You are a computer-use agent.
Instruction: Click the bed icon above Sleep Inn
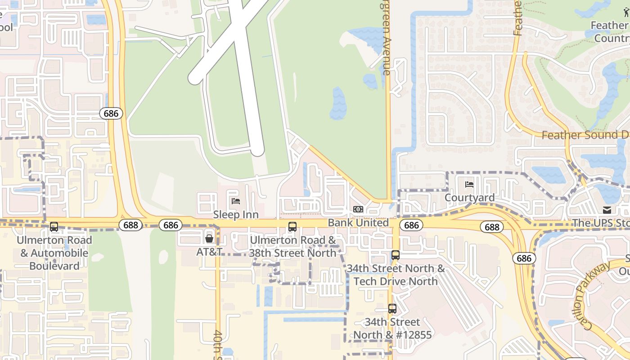coord(235,201)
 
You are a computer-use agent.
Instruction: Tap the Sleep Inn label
coord(236,215)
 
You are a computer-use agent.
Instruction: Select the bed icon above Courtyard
coord(469,184)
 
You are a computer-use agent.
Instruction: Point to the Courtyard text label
coord(469,198)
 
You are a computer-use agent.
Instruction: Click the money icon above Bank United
coord(358,209)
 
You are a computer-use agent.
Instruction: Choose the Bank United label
coord(358,223)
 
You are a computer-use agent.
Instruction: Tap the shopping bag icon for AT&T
coord(209,238)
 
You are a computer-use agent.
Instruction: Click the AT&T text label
coord(209,252)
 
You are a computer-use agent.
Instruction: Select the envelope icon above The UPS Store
coord(607,210)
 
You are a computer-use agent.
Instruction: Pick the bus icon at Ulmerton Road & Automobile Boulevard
coord(54,227)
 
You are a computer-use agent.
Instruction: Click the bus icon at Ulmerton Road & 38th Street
coord(292,227)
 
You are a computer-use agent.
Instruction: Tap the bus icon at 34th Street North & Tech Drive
coord(395,255)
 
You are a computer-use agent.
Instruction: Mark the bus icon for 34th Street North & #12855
coord(392,309)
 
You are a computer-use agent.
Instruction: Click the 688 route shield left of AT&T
coord(130,225)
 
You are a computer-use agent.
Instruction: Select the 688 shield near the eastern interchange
coord(492,227)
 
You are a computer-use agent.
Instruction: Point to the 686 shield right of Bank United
coord(411,225)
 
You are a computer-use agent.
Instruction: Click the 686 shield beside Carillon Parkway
coord(524,258)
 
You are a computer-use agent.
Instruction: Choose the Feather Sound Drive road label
coord(585,135)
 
